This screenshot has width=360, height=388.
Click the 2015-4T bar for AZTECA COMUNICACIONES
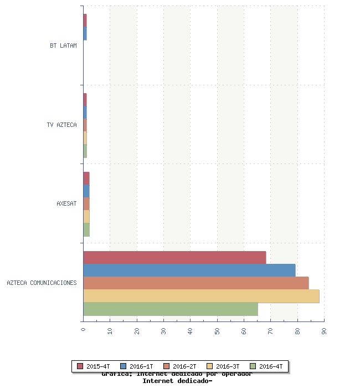click(x=174, y=258)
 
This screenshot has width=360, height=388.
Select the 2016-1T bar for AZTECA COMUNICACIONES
click(x=189, y=270)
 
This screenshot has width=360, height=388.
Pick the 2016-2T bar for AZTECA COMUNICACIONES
click(x=196, y=283)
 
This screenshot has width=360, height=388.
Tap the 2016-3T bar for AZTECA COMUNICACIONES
click(x=201, y=296)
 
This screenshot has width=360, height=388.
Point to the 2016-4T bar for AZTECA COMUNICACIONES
click(x=170, y=309)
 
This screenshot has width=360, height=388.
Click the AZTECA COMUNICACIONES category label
click(x=42, y=283)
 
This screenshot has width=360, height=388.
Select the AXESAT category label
click(x=66, y=203)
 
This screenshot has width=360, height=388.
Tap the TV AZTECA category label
click(x=61, y=125)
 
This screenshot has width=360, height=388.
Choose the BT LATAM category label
click(x=63, y=45)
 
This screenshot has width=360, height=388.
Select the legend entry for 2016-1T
click(x=137, y=366)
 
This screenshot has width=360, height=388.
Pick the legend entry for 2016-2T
click(x=180, y=366)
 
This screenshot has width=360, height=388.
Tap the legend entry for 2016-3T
click(x=223, y=366)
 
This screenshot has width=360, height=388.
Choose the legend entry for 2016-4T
click(x=266, y=366)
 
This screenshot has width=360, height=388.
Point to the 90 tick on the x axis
click(x=324, y=331)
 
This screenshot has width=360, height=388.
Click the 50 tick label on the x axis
click(x=217, y=331)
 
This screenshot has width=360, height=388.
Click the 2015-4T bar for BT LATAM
click(x=85, y=21)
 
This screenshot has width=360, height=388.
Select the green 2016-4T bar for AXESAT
click(x=86, y=229)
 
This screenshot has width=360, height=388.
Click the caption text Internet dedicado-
click(x=177, y=381)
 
